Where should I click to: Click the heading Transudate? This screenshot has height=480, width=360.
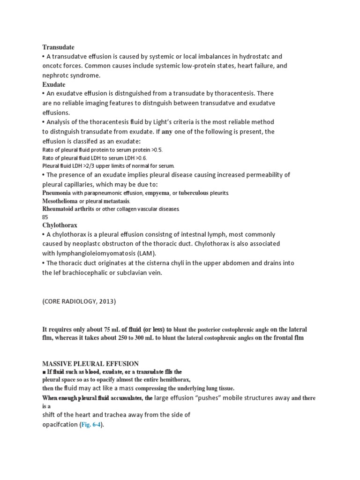pyautogui.click(x=59, y=47)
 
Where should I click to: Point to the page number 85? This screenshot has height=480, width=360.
pyautogui.click(x=45, y=217)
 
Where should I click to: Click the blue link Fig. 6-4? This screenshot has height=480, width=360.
pyautogui.click(x=91, y=424)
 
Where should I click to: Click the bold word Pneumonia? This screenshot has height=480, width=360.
pyautogui.click(x=57, y=193)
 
